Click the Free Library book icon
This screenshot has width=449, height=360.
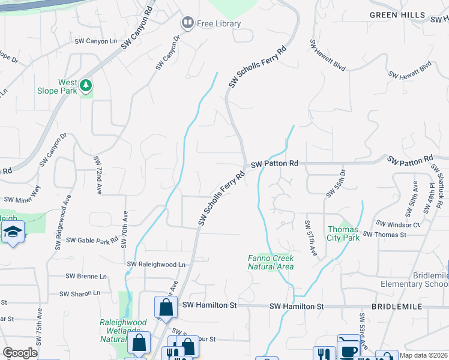point(187,23)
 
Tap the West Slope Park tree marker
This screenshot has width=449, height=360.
point(86,86)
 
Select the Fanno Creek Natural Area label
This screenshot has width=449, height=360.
point(271,262)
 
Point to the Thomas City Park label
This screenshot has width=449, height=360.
point(343,233)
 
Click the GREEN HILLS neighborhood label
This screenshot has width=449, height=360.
point(397,14)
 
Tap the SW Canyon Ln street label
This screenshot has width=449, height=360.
point(95,41)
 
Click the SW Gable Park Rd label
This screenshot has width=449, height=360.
point(92,240)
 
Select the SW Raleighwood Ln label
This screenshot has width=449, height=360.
point(156,264)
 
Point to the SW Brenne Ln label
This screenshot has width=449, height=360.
point(86,277)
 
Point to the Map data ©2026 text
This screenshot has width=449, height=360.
point(423,355)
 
